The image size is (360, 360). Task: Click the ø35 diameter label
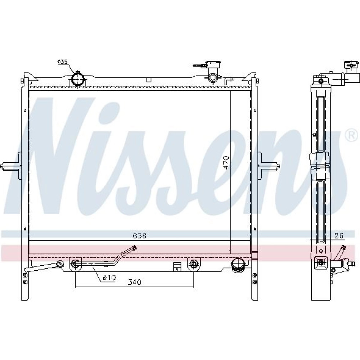62,62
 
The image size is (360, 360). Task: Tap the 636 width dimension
139,236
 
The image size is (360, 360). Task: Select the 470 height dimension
226,163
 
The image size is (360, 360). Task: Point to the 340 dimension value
135,282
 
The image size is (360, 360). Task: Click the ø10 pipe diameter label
109,278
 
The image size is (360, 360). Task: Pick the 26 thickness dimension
339,235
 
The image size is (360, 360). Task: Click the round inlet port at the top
78,79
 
